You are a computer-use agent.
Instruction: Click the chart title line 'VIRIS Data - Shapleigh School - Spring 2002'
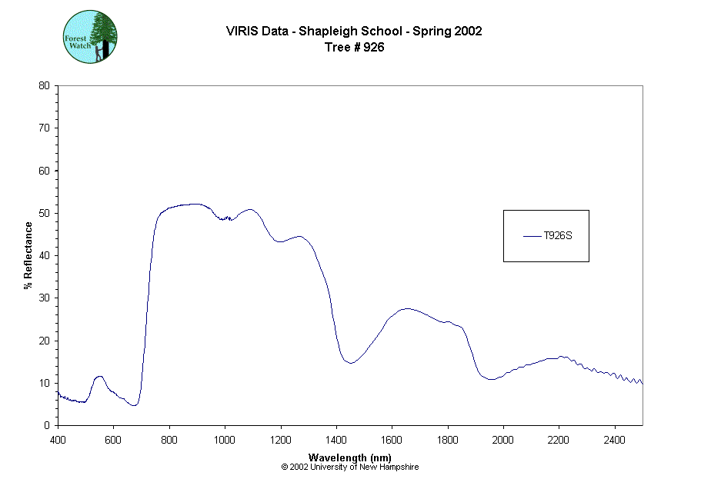coord(354,32)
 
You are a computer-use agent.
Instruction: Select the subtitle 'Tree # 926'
coord(354,47)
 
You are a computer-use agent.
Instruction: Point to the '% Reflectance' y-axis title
coord(28,255)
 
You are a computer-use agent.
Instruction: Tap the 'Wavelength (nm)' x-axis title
coord(350,457)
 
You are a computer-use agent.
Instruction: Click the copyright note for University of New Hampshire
coord(350,467)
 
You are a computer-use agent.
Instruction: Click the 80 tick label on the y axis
coord(44,85)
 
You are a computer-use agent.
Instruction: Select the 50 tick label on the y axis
coord(44,213)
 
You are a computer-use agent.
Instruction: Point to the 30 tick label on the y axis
coord(44,298)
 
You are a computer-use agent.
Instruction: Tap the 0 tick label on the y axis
coord(47,425)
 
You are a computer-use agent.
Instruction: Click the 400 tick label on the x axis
coord(58,440)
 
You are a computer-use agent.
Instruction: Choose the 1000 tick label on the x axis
coord(225,440)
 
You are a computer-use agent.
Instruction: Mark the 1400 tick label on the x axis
coord(336,440)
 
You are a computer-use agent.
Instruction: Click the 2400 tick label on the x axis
coord(615,440)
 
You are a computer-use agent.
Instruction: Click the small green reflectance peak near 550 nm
coord(99,376)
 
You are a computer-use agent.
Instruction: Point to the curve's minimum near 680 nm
coord(135,404)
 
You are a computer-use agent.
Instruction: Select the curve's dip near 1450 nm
coord(350,363)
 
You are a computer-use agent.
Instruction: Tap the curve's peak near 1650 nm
coord(407,308)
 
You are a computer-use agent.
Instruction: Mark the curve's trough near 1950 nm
coord(490,379)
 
